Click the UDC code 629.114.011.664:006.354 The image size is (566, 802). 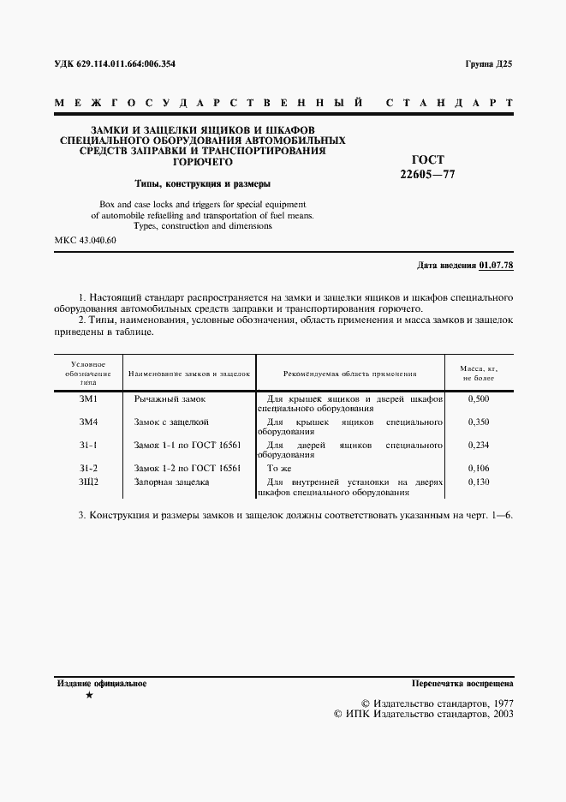pos(121,65)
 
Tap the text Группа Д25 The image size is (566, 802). pos(488,65)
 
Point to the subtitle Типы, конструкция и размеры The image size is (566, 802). pos(204,183)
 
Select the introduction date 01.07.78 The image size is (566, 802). pos(497,266)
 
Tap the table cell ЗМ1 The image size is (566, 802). pos(89,399)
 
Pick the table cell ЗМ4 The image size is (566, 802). pos(89,422)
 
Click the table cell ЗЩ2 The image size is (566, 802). pos(89,482)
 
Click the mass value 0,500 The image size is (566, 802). pos(480,399)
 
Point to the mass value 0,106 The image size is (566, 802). pos(480,469)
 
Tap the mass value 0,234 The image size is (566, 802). pos(480,446)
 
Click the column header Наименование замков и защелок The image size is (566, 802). pos(188,374)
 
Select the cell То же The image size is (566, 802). pos(280,469)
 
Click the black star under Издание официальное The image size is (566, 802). pos(89,696)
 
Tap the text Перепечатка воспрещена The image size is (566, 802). pos(462,684)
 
